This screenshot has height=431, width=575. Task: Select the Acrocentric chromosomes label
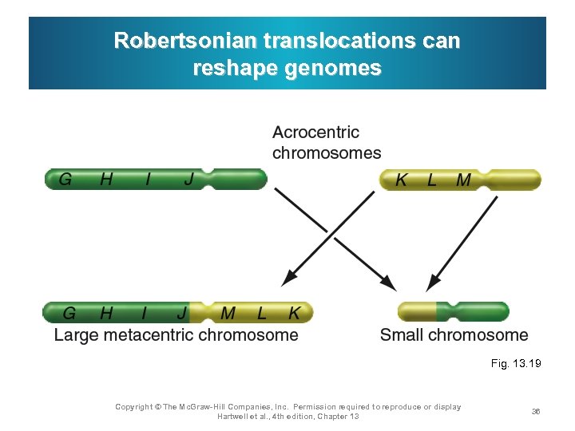click(x=327, y=142)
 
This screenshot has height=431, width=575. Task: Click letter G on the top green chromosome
click(x=65, y=180)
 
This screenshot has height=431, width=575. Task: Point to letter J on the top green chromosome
click(x=188, y=180)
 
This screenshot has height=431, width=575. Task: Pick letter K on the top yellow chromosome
click(x=401, y=180)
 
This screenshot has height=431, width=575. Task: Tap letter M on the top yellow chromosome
click(x=463, y=180)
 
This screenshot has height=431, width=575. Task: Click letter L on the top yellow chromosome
click(x=432, y=180)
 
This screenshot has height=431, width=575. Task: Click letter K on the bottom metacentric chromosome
click(x=294, y=313)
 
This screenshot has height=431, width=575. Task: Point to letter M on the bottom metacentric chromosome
click(x=228, y=313)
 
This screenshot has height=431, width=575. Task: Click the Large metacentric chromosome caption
click(x=176, y=335)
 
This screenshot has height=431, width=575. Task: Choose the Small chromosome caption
click(x=454, y=335)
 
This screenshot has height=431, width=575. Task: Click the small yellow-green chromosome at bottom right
click(x=453, y=312)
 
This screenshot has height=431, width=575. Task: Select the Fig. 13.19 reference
click(x=516, y=363)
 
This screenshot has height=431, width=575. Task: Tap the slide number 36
click(x=536, y=411)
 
